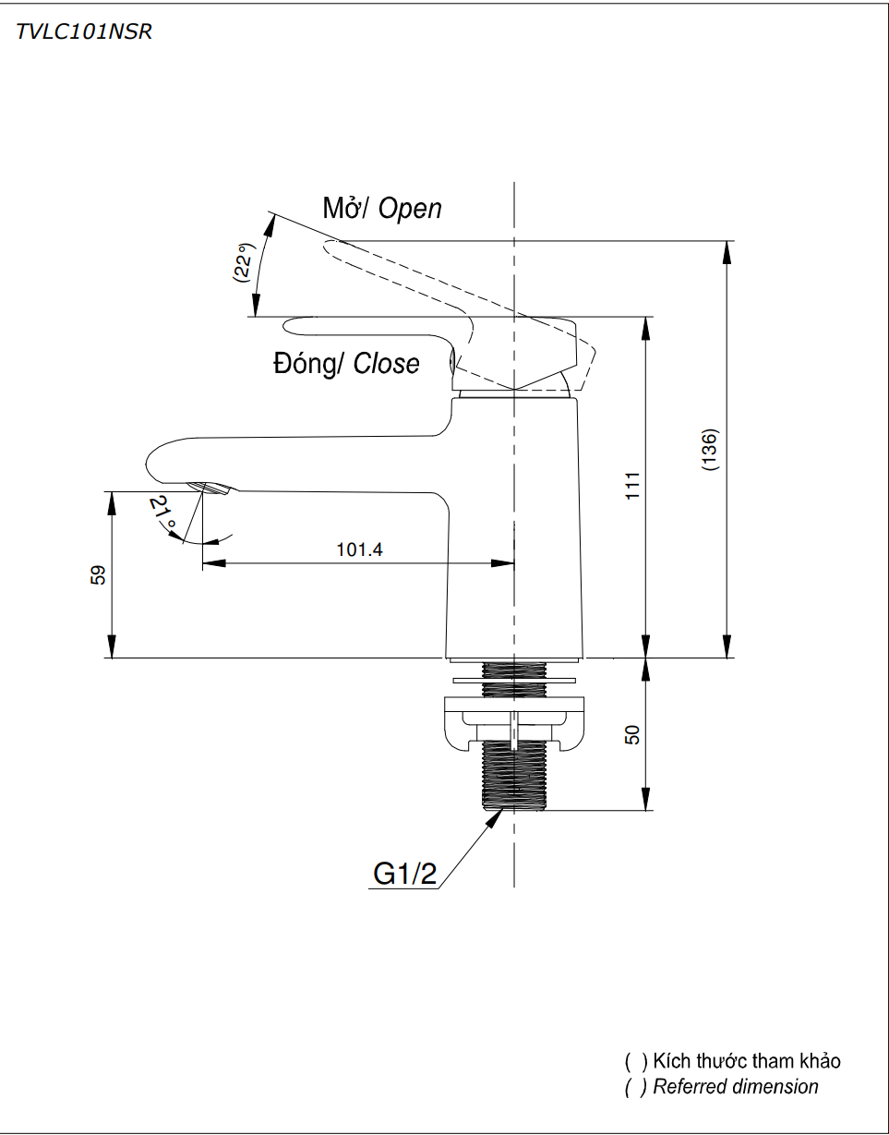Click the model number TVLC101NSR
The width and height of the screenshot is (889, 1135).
point(84,32)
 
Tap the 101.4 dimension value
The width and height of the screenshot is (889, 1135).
point(359,550)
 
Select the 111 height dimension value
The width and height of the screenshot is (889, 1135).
point(632,486)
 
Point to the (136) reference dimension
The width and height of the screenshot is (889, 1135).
point(710,450)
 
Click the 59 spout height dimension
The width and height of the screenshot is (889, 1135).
point(99,574)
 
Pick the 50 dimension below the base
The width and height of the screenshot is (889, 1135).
point(632,735)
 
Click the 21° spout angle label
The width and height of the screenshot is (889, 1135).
point(163,513)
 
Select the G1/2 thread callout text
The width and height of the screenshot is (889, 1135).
point(405,874)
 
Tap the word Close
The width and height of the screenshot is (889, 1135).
point(386,364)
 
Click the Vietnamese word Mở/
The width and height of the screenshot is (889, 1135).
point(345,209)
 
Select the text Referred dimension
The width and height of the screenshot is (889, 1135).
point(735,1087)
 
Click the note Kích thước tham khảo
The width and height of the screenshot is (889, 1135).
point(746,1061)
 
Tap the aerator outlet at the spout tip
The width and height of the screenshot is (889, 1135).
point(210,489)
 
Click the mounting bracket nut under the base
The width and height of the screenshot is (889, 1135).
point(514,723)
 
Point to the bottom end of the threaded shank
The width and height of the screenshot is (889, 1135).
point(514,805)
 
